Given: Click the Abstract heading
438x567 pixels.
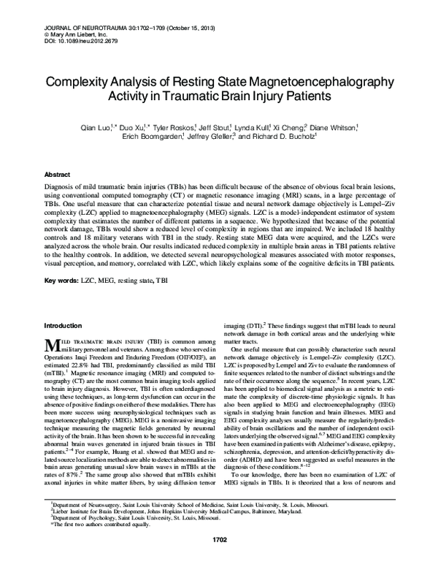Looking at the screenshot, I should pos(58,175).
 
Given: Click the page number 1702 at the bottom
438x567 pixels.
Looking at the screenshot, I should pos(220,560).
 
